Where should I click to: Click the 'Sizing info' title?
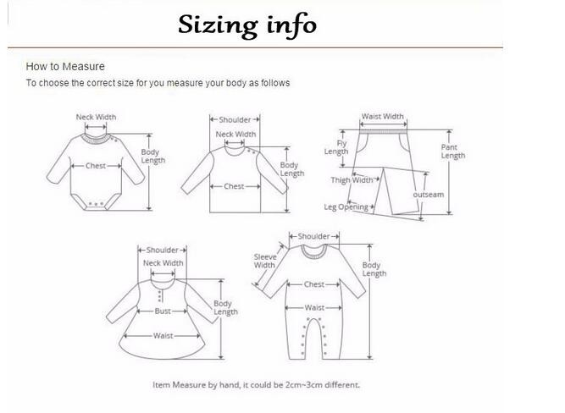[x=247, y=25]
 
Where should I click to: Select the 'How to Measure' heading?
[x=65, y=67]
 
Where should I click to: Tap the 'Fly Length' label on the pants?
[x=336, y=147]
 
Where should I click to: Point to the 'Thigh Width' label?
[x=352, y=179]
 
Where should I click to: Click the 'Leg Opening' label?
[x=346, y=207]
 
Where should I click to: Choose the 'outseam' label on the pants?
[x=429, y=195]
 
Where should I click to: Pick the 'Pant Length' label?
[x=453, y=151]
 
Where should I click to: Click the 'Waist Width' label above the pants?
[x=383, y=116]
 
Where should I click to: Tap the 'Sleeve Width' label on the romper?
[x=265, y=261]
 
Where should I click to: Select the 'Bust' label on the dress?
[x=163, y=311]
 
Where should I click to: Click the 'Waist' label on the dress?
[x=163, y=336]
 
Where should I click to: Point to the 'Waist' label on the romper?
[x=314, y=307]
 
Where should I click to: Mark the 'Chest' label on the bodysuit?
[x=96, y=166]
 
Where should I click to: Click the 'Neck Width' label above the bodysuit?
[x=96, y=117]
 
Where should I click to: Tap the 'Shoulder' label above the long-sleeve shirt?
[x=235, y=119]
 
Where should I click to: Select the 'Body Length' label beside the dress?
[x=225, y=307]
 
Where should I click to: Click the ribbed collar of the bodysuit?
[x=96, y=140]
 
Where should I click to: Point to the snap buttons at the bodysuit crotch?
[x=96, y=204]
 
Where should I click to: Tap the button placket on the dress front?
[x=160, y=295]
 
